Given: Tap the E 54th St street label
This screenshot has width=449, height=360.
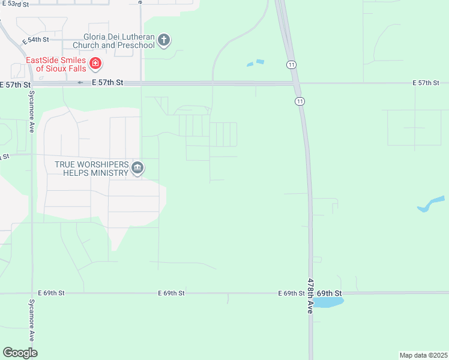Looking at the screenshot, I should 34,40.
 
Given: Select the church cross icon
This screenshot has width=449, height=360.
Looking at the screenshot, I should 164,41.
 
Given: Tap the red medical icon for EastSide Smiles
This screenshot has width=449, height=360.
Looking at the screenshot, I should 95,64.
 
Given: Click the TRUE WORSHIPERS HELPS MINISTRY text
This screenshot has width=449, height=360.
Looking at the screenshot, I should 92,168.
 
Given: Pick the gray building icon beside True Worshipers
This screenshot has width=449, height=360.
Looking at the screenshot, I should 137,168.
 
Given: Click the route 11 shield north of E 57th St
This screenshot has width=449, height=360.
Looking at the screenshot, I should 291,64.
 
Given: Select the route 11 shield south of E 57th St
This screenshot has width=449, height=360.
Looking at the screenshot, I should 299,101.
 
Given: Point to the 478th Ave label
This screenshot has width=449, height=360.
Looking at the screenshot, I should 310,296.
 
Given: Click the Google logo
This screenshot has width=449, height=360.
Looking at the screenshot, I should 20,353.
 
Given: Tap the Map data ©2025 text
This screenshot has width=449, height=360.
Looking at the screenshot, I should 424,355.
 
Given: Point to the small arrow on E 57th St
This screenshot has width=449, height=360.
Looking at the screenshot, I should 81,82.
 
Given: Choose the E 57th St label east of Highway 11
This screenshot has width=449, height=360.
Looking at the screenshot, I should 427,82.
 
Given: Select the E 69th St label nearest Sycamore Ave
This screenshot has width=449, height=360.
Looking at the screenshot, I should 50,293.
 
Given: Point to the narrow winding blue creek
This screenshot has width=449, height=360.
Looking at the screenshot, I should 431,204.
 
